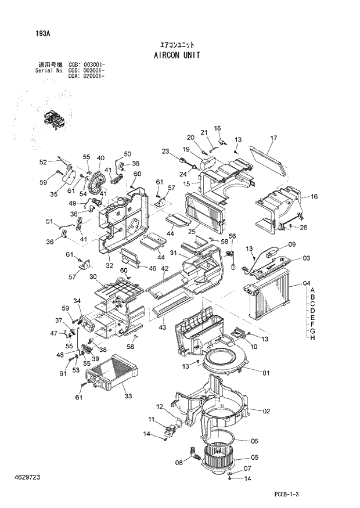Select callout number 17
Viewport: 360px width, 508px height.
click(274, 138)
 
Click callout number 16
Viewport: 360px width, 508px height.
click(314, 197)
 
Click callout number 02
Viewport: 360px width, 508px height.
click(267, 411)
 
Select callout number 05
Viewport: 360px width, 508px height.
click(254, 457)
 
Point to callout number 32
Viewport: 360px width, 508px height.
click(109, 265)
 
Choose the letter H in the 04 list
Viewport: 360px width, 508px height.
click(312, 338)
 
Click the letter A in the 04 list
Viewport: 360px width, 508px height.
click(312, 290)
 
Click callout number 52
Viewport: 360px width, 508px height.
click(43, 162)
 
